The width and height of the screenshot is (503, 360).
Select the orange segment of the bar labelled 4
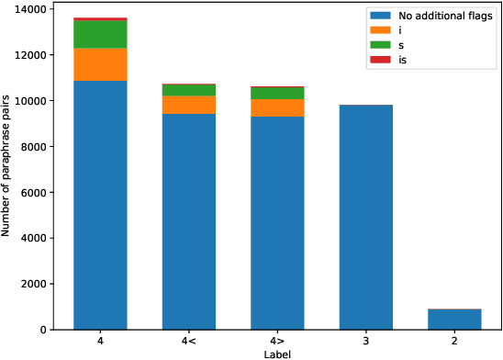(99, 64)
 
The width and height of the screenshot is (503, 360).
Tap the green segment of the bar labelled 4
(99, 34)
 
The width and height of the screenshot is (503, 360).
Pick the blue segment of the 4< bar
(187, 221)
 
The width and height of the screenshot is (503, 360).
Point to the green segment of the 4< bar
(187, 90)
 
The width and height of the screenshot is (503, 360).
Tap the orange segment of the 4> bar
(276, 107)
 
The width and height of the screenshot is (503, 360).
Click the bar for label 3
(365, 217)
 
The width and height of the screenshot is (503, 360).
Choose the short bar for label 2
(454, 320)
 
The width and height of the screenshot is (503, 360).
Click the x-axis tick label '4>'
(276, 342)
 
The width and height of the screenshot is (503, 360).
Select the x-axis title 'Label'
(276, 354)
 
